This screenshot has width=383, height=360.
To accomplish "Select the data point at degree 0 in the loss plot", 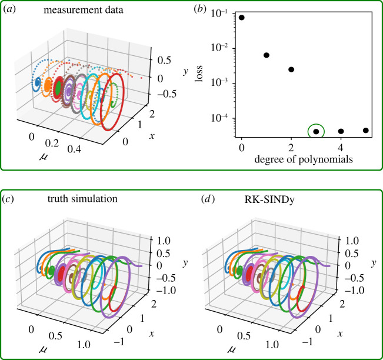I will click(242, 18).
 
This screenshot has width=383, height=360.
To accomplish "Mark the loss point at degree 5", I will click(365, 131).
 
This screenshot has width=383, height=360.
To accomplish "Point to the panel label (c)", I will click(12, 199).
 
